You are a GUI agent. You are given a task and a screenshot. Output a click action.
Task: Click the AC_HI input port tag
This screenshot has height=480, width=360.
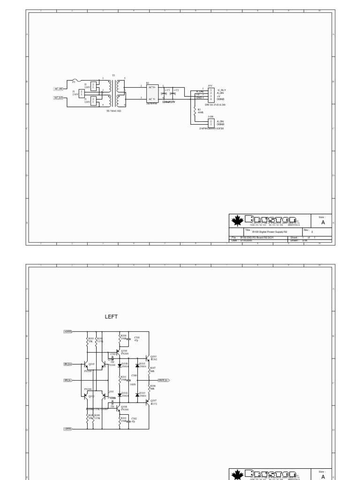pos(58,89)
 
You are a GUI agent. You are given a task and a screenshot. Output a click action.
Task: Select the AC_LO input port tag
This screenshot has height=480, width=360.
pos(58,98)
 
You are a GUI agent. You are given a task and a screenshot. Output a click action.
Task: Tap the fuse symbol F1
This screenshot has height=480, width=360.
pos(78,81)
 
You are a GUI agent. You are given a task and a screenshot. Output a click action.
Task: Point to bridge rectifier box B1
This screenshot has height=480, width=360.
pos(152,93)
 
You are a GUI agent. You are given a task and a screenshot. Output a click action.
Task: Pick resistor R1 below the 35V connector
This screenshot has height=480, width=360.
pos(194,111)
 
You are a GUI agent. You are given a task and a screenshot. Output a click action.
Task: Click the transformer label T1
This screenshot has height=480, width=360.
pos(113,75)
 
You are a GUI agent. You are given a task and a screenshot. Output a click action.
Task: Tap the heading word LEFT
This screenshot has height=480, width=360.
pos(111,317)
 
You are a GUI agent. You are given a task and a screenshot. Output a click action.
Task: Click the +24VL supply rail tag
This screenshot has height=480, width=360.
pos(68,331)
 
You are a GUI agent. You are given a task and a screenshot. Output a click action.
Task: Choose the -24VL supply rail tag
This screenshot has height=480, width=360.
pos(68,428)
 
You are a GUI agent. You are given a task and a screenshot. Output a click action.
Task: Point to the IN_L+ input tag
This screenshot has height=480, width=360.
pos(68,364)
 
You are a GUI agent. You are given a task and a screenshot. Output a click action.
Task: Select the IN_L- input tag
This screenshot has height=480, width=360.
pos(67,380)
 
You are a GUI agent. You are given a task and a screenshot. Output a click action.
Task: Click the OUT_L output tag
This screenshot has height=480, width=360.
pos(163,380)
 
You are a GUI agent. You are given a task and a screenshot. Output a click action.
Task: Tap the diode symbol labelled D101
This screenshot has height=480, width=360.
pos(137,365)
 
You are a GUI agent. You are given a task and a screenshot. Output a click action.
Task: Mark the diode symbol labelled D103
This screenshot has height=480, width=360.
pos(137,395)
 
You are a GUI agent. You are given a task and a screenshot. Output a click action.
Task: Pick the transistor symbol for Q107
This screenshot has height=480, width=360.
pos(148,402)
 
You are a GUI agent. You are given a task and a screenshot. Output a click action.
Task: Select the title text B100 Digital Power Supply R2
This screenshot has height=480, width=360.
pos(269,232)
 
